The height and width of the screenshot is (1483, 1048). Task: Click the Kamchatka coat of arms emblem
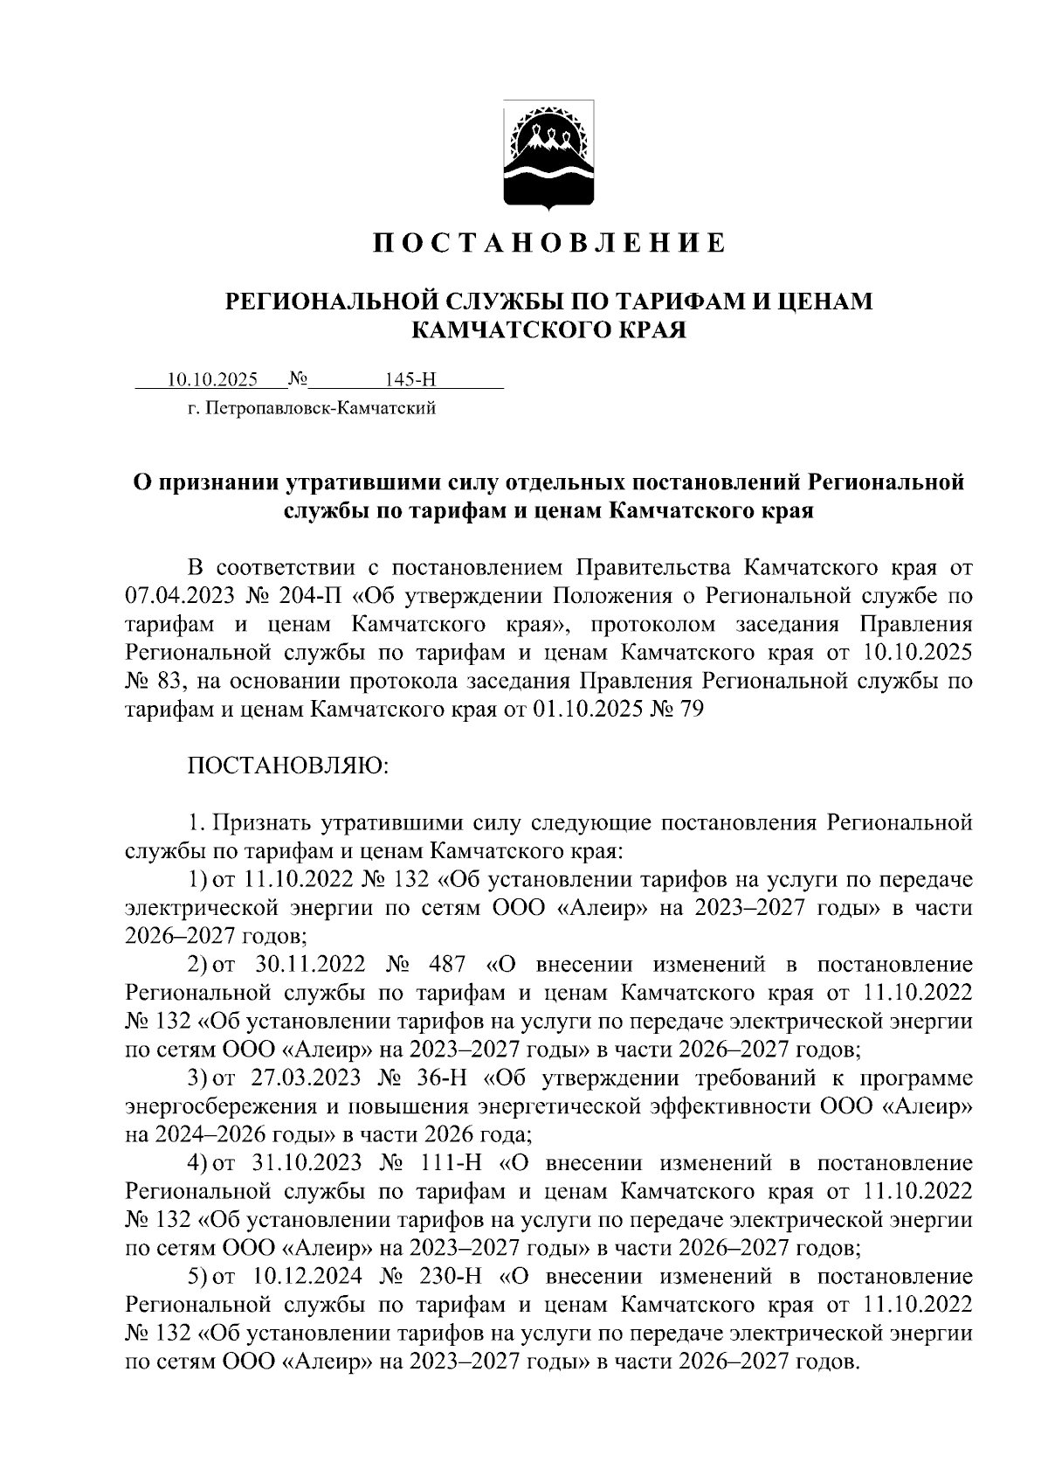pos(549,156)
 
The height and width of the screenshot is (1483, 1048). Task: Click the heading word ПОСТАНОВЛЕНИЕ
pos(549,243)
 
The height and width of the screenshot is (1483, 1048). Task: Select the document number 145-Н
pos(410,379)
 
